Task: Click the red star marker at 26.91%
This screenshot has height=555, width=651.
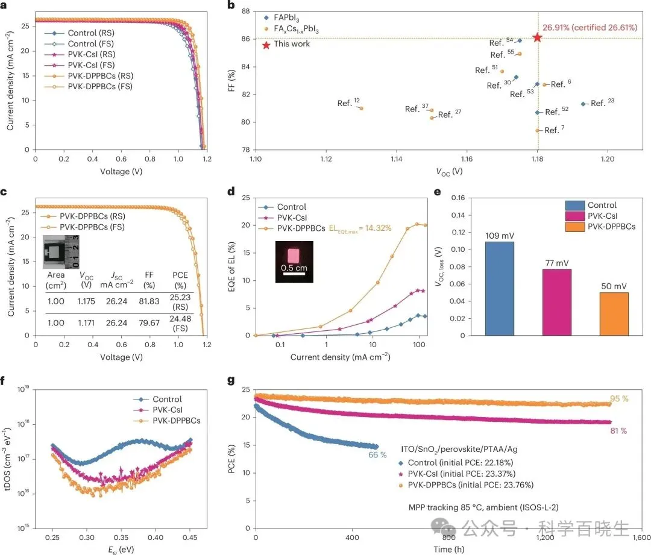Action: tap(537, 37)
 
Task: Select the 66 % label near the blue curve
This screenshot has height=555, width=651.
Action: tap(377, 455)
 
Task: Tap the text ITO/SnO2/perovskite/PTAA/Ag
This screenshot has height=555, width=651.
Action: tap(462, 450)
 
